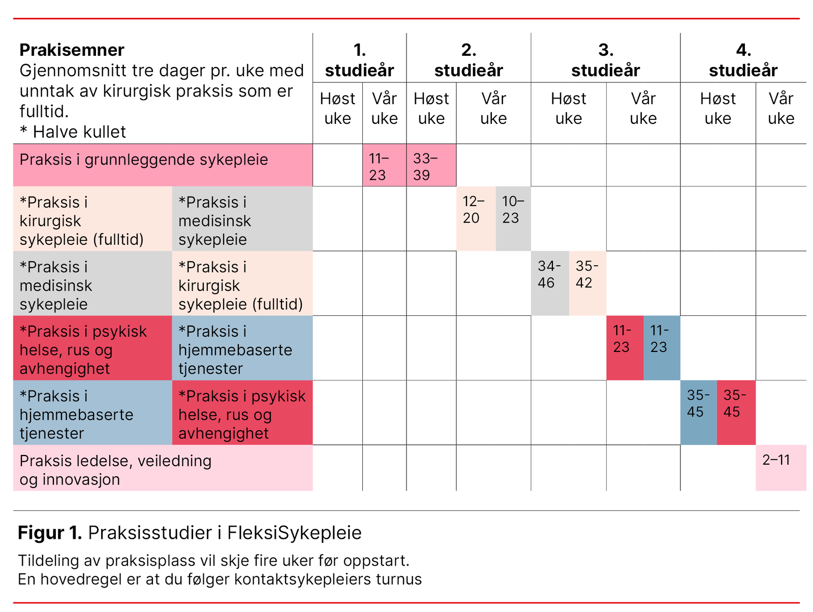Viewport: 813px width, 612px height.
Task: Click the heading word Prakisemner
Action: [72, 50]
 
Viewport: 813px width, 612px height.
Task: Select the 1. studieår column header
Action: [359, 60]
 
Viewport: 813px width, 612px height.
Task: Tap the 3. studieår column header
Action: [605, 60]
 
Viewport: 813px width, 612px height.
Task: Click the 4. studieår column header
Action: [743, 60]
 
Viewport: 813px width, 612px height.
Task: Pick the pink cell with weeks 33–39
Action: [431, 166]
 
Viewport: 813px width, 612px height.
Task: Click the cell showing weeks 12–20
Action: [476, 218]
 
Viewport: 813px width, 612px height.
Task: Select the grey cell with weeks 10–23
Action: [513, 218]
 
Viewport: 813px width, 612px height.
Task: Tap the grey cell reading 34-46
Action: [550, 283]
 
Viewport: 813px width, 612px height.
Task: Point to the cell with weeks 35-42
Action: [587, 283]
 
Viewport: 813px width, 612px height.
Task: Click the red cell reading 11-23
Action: [624, 348]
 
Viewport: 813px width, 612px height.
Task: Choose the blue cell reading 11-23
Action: [662, 348]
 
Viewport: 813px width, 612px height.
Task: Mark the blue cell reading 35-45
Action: [698, 412]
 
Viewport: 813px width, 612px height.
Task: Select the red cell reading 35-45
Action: [736, 412]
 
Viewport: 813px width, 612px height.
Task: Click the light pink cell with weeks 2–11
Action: [780, 467]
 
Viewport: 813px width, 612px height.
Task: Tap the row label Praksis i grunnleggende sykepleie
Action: [144, 160]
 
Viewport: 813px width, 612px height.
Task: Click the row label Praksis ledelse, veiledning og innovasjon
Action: [115, 470]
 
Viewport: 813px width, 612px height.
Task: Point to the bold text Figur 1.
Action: [50, 533]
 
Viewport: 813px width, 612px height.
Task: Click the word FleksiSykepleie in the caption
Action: [294, 533]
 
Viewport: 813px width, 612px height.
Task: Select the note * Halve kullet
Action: [73, 132]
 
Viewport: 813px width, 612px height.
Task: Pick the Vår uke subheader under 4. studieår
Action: [780, 108]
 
